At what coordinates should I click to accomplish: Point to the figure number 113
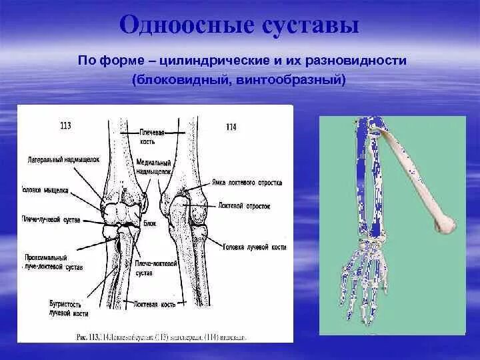(66, 125)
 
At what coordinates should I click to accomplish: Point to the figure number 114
(231, 127)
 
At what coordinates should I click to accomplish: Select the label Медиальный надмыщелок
(153, 166)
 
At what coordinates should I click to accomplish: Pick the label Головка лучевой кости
(255, 247)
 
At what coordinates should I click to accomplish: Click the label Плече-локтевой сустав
(151, 267)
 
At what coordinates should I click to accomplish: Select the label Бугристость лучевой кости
(67, 307)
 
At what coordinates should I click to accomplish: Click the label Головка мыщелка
(44, 190)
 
